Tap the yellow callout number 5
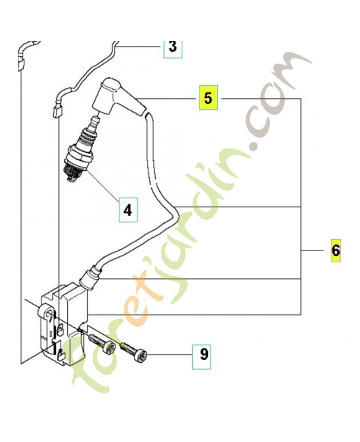pos(208,97)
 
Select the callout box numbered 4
pos(128,210)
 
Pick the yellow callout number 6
pos(336,251)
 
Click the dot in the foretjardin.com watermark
pos(256,147)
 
